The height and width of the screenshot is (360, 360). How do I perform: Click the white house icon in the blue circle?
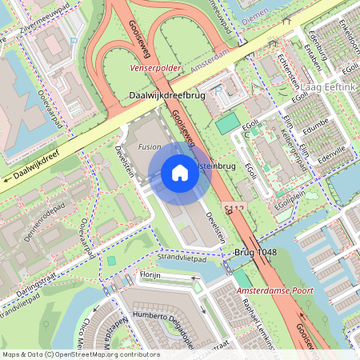pyautogui.click(x=180, y=172)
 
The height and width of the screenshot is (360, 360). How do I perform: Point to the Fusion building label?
pyautogui.click(x=150, y=148)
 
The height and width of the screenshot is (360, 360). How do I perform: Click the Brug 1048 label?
pyautogui.click(x=255, y=252)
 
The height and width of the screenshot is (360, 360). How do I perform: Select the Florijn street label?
pyautogui.click(x=150, y=274)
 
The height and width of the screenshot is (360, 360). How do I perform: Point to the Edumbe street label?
pyautogui.click(x=316, y=126)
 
